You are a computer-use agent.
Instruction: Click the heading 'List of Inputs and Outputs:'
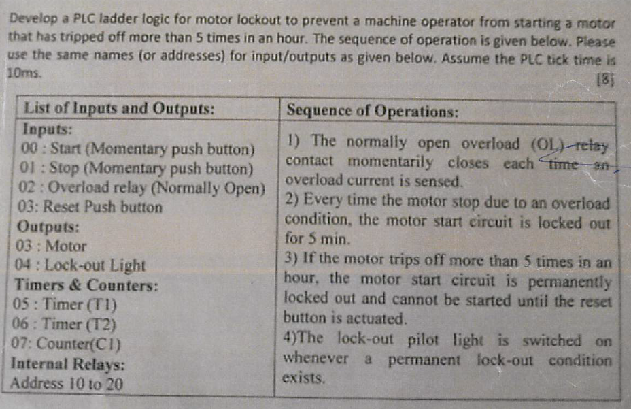coord(120,108)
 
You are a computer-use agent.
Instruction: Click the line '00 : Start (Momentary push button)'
coord(139,149)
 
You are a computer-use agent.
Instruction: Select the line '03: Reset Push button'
coord(88,207)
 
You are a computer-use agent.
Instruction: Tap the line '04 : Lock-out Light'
coord(79,265)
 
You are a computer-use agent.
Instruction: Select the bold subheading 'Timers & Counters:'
coord(85,285)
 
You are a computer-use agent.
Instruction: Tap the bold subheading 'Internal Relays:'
coord(67,363)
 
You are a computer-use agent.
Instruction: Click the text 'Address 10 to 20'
coord(67,383)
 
